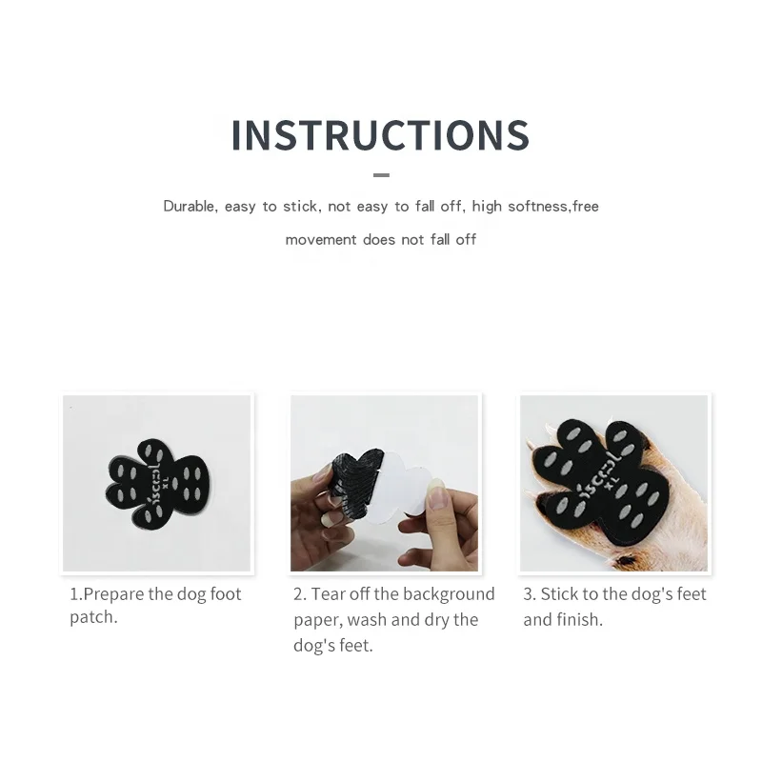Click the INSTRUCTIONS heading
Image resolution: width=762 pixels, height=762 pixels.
[380, 135]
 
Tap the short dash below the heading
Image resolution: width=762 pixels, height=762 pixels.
[381, 175]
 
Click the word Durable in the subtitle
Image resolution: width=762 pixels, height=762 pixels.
[190, 207]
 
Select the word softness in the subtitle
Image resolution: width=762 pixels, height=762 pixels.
[536, 207]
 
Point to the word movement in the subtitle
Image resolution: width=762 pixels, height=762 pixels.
[321, 240]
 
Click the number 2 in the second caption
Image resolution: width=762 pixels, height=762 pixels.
[298, 594]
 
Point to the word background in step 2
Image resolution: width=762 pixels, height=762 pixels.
[448, 594]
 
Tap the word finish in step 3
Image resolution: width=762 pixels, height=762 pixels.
[579, 620]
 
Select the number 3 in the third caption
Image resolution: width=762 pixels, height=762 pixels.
[528, 594]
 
